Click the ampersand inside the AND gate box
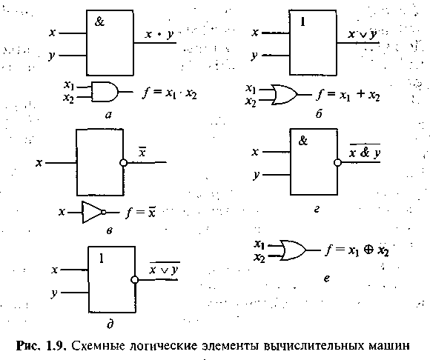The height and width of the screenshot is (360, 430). click(99, 21)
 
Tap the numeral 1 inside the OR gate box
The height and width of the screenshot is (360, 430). click(302, 21)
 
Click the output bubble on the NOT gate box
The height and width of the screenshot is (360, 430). click(123, 163)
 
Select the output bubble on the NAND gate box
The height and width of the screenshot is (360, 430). click(337, 162)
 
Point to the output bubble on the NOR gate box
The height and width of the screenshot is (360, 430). click(134, 280)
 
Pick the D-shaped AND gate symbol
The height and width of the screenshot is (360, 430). click(105, 92)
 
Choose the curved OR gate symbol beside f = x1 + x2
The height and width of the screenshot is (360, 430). click(285, 95)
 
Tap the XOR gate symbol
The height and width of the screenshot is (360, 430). click(293, 250)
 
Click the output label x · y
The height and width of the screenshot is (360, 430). click(159, 35)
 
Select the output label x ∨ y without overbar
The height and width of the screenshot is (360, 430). click(363, 35)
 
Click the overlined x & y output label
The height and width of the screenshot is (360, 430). click(365, 151)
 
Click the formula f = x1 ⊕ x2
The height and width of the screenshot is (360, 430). click(357, 250)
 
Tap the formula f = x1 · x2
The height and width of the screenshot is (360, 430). click(169, 93)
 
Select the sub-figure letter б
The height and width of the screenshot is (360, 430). click(319, 113)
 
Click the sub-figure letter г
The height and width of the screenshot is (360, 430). click(317, 210)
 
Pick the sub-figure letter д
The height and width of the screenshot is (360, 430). click(110, 324)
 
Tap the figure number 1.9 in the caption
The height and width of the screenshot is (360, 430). click(57, 346)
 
